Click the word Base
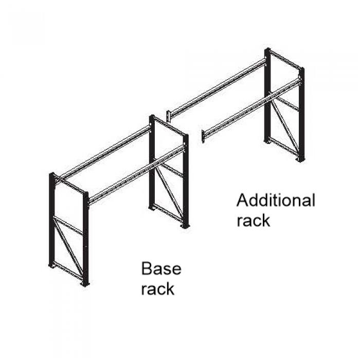pyautogui.click(x=161, y=268)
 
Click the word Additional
pyautogui.click(x=276, y=200)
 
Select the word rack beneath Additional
pyautogui.click(x=253, y=220)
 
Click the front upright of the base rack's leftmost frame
pyautogui.click(x=85, y=237)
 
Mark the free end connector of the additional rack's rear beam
pyautogui.click(x=168, y=115)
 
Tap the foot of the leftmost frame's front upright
pyautogui.click(x=85, y=282)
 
